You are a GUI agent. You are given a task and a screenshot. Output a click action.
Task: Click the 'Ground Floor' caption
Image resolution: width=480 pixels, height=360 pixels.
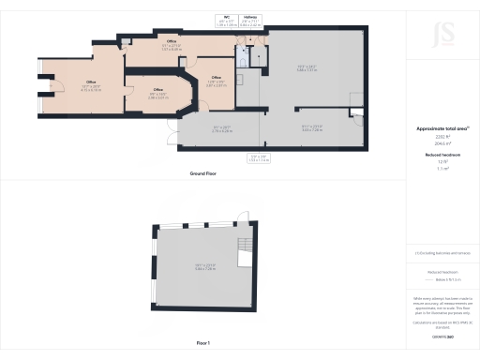(x=204, y=174)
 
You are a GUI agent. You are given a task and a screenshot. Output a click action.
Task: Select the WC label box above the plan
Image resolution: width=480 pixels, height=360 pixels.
(x=226, y=20)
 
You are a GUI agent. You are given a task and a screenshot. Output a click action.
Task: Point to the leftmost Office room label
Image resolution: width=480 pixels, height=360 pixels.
(x=66, y=84)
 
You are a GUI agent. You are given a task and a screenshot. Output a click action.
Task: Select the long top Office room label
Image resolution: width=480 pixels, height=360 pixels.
(x=172, y=44)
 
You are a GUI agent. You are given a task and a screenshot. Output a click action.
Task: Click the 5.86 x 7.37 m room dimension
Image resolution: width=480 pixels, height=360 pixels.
(x=301, y=67)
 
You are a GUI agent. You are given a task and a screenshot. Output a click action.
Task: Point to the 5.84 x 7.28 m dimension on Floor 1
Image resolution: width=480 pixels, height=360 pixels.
(x=202, y=267)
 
